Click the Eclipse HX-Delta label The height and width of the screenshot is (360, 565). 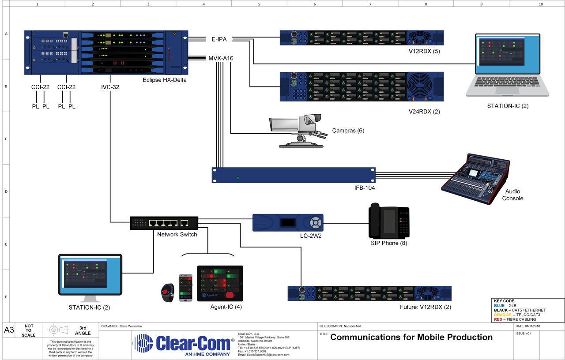click(x=164, y=80)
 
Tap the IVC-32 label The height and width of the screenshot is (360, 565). click(x=110, y=87)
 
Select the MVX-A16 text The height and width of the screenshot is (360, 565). click(x=221, y=58)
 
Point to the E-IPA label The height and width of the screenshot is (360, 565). click(x=219, y=39)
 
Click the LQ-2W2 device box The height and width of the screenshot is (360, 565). click(x=288, y=223)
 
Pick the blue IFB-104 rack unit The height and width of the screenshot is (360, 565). click(x=294, y=175)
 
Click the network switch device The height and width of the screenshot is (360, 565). click(x=164, y=223)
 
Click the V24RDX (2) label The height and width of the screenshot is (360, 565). click(x=424, y=112)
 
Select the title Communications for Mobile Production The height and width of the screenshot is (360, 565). click(x=411, y=337)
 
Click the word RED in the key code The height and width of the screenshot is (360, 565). click(x=498, y=319)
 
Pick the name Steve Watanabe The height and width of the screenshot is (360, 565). click(x=131, y=326)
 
